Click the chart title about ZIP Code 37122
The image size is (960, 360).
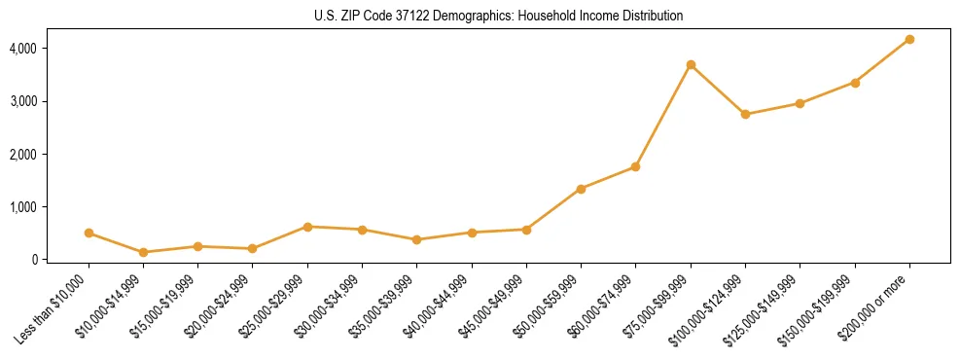point(499,17)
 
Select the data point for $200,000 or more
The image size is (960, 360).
point(909,40)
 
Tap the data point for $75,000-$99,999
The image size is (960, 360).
point(691,65)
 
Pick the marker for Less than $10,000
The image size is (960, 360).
point(89,234)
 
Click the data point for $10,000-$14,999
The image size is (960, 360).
point(144,252)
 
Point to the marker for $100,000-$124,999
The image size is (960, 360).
point(745,115)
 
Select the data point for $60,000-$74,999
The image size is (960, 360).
point(635,167)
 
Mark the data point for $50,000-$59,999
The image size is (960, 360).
point(581,189)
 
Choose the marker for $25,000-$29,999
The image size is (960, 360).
point(307,227)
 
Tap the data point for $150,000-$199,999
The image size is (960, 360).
point(855,83)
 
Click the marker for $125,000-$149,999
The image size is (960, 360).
point(800,103)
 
